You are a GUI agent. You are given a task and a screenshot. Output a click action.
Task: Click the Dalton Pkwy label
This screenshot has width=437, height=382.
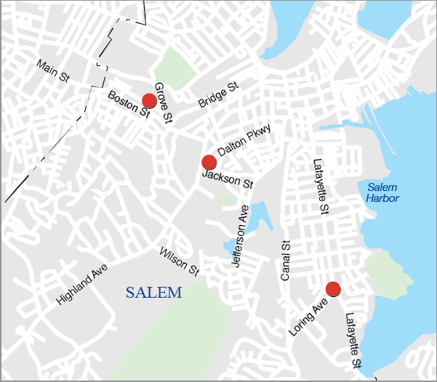(x=244, y=140)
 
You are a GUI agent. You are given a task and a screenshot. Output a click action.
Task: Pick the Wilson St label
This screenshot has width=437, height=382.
(x=180, y=261)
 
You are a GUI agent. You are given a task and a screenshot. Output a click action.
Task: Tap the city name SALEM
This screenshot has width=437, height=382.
(x=153, y=293)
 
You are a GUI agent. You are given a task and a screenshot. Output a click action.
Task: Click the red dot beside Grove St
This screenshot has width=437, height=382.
(x=150, y=101)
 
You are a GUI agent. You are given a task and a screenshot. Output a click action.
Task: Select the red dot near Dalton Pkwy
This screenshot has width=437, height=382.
(x=209, y=162)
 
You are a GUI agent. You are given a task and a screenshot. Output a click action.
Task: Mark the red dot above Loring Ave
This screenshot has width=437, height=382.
(x=334, y=289)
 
